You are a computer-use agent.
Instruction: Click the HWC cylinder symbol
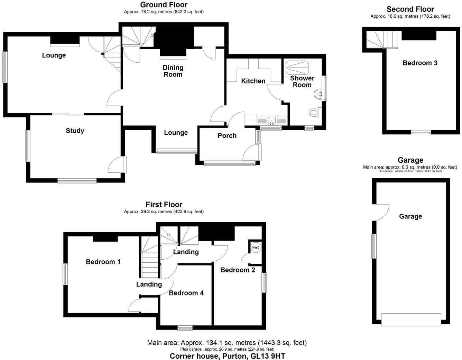[x=256, y=247]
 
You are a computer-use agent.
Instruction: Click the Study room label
[x=75, y=131]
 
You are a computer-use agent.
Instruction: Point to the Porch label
[x=227, y=136]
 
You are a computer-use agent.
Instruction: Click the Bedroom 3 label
[x=420, y=63]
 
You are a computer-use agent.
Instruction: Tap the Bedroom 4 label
[x=186, y=293]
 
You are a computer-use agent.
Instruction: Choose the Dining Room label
[x=173, y=71]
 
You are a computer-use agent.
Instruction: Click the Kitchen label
[x=253, y=81]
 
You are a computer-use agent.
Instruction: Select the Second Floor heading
[x=410, y=9]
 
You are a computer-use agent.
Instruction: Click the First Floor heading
[x=164, y=205]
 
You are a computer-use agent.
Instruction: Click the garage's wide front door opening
[x=411, y=319]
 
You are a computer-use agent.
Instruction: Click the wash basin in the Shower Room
[x=318, y=93]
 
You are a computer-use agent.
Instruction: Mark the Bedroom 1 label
[x=103, y=262]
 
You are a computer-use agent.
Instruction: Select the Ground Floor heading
[x=164, y=5]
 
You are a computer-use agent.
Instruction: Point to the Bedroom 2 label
[x=238, y=270]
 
